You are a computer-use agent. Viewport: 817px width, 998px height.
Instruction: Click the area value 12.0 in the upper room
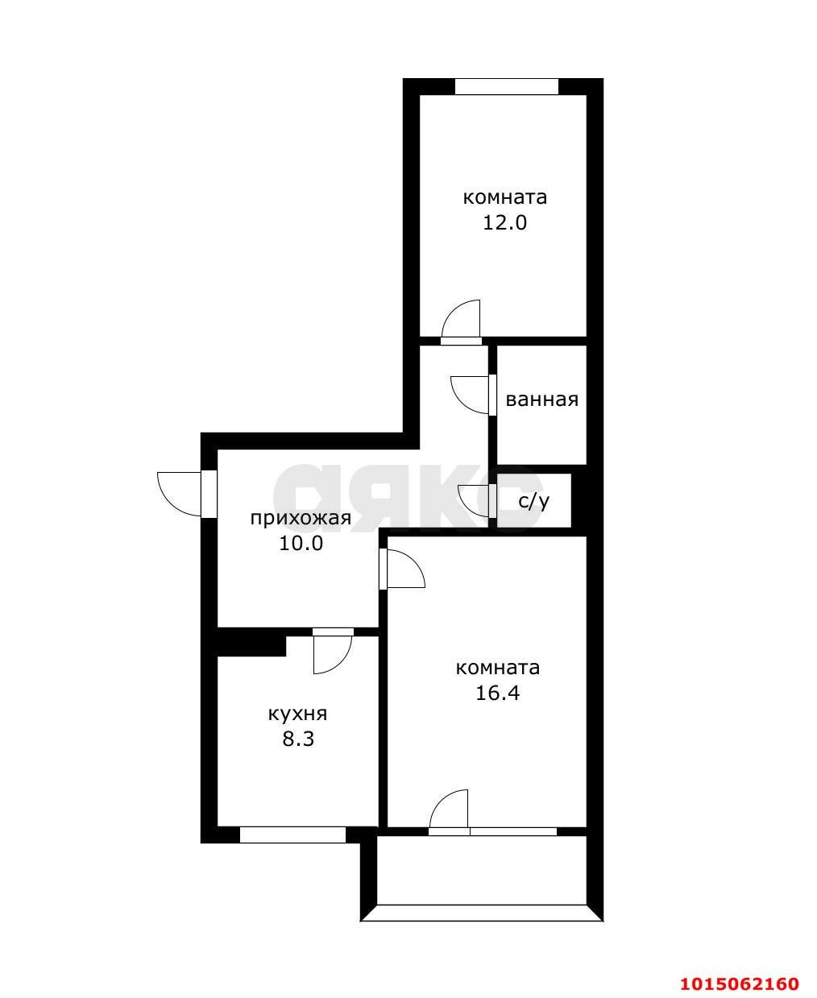pos(504,222)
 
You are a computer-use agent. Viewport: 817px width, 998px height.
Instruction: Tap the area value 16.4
pos(497,693)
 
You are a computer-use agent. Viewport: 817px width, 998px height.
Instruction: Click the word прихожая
pos(301,518)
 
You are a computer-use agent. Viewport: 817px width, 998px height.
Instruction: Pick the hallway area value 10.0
pos(301,543)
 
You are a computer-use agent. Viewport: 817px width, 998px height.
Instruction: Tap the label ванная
pos(542,400)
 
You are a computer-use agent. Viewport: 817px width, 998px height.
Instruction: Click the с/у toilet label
pos(533,502)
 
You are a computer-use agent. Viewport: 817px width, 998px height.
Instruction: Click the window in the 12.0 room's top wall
pos(507,87)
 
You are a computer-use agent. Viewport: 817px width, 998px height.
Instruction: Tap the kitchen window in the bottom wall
pos(292,834)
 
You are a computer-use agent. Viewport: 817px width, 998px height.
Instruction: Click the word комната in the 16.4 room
pos(497,668)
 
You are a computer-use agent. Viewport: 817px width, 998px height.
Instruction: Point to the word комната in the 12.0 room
pos(504,197)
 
